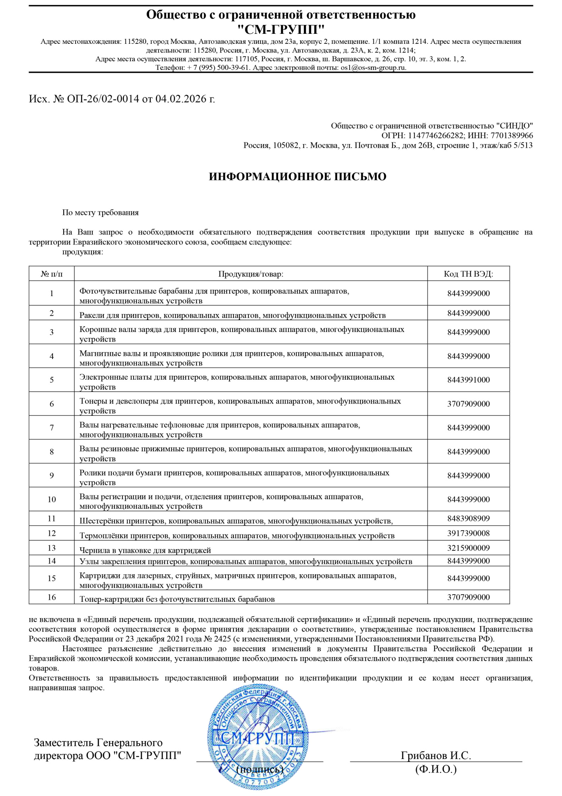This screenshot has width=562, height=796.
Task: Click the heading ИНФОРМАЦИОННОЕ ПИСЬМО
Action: pyautogui.click(x=298, y=177)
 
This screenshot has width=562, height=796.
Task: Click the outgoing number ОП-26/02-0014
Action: pyautogui.click(x=103, y=99)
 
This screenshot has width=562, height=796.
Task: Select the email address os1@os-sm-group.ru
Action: pyautogui.click(x=373, y=68)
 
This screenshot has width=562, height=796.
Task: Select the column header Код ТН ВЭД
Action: pyautogui.click(x=468, y=274)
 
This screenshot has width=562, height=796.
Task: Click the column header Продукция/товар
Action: pyautogui.click(x=251, y=274)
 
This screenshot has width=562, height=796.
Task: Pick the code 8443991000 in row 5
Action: pyautogui.click(x=468, y=380)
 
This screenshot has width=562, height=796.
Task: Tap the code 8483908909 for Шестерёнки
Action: pyautogui.click(x=468, y=519)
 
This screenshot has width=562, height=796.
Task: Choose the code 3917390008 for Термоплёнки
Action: pyautogui.click(x=468, y=533)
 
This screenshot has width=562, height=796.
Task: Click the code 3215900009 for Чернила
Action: pyautogui.click(x=468, y=548)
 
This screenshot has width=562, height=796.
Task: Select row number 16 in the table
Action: pyautogui.click(x=52, y=597)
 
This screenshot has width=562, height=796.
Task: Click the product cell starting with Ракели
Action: pyautogui.click(x=232, y=315)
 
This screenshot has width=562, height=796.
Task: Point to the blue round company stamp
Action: pyautogui.click(x=258, y=736)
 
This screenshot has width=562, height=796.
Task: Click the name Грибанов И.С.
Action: pyautogui.click(x=436, y=755)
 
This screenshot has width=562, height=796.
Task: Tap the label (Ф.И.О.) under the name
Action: pyautogui.click(x=436, y=769)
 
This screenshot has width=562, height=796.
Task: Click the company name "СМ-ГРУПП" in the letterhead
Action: pyautogui.click(x=281, y=29)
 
